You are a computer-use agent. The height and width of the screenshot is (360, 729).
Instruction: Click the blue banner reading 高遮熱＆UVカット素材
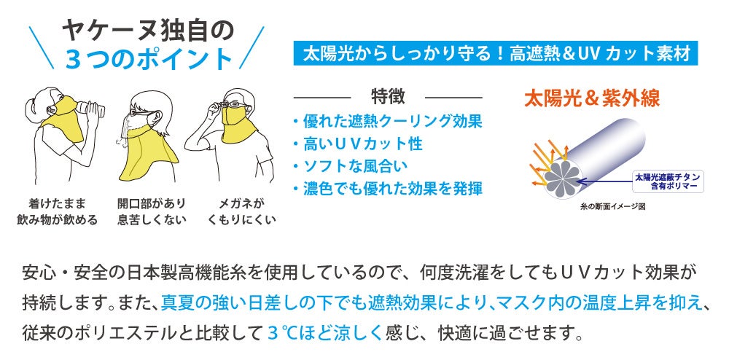click(496, 54)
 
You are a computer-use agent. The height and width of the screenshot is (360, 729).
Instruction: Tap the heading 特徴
click(387, 96)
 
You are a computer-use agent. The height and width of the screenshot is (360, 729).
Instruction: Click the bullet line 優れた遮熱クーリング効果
click(387, 121)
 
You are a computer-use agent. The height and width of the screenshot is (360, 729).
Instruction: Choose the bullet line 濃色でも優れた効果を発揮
click(387, 189)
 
